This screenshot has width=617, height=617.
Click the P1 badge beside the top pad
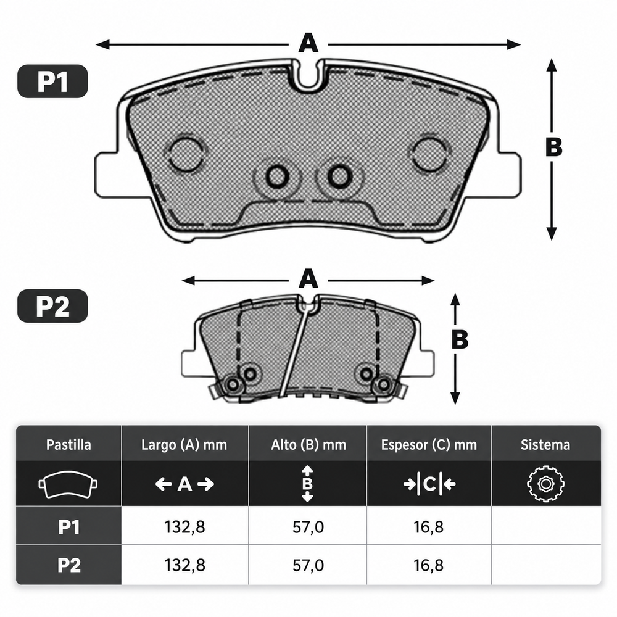pos(52,81)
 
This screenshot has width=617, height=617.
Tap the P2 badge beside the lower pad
pos(52,306)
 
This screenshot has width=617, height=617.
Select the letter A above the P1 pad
pos(308,43)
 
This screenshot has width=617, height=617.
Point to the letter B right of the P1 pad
pos(553,146)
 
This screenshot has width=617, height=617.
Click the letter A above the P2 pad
pos(308,279)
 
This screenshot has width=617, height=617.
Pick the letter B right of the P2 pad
pos(460,339)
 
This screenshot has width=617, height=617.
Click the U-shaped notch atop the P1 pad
pos(308,75)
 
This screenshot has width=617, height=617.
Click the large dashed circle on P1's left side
pos(185,154)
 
